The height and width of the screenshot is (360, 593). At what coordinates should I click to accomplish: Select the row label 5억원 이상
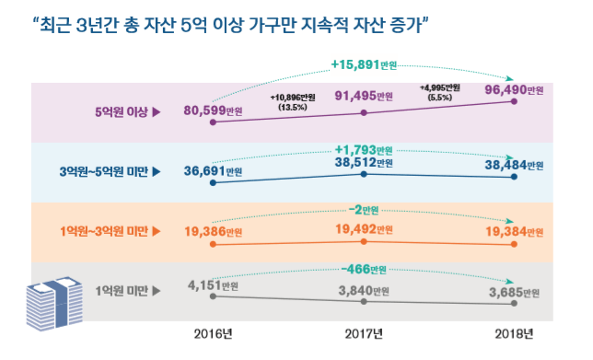pyautogui.click(x=126, y=113)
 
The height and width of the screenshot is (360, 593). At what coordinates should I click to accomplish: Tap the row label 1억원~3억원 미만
pyautogui.click(x=107, y=231)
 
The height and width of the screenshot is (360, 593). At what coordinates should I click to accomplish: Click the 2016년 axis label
pyautogui.click(x=214, y=331)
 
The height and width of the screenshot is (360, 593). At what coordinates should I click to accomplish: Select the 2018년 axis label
pyautogui.click(x=514, y=331)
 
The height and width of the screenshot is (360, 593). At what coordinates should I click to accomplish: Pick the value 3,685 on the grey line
pyautogui.click(x=509, y=292)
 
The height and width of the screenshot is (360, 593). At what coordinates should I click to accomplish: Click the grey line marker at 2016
pyautogui.click(x=214, y=296)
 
